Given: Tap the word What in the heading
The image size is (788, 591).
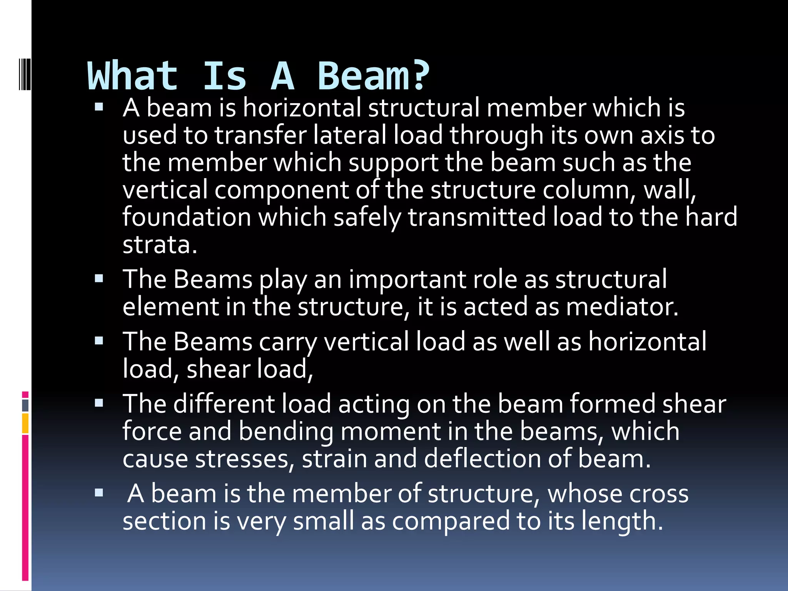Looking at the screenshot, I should pos(133,76).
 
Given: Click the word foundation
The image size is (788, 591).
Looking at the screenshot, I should pos(187,217).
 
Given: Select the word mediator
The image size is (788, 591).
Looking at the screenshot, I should pos(622,307).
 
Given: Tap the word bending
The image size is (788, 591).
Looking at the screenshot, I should pos(286,432).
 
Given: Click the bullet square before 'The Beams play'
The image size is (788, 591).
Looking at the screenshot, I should pos(99,278).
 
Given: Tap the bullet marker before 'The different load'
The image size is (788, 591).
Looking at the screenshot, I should pos(99,403).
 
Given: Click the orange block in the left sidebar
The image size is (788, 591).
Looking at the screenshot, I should pos(25,423).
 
